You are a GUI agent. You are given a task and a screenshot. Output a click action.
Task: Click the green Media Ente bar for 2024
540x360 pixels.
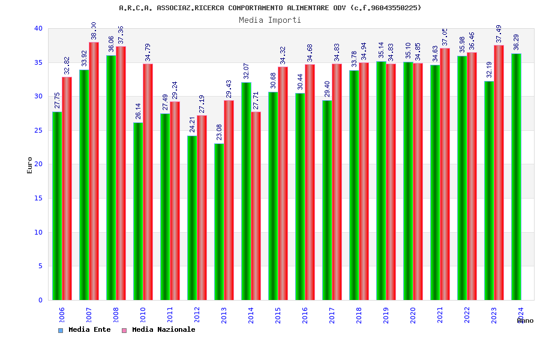(516, 177)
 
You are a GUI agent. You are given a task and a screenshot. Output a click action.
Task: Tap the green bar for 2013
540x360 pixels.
(219, 221)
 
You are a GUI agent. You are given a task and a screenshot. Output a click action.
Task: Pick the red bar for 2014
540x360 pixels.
(256, 206)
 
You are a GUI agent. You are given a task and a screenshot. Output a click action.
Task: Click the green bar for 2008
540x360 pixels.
(111, 178)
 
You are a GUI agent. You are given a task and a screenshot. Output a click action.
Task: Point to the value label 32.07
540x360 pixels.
(246, 71)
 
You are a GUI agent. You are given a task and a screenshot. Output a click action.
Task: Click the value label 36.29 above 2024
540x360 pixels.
(517, 42)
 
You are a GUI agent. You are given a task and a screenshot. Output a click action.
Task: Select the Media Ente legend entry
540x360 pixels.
(85, 330)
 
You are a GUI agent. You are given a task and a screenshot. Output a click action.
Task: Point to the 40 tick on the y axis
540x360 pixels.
(38, 29)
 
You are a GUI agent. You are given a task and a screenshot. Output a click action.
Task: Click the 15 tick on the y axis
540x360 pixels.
(38, 199)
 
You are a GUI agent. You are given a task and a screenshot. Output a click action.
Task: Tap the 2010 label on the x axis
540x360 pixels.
(138, 316)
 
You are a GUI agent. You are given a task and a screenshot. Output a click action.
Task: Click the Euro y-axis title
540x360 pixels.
(30, 165)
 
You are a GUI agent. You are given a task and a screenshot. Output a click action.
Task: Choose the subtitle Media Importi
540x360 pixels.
(270, 20)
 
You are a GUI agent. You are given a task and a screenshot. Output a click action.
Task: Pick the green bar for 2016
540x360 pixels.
(300, 196)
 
